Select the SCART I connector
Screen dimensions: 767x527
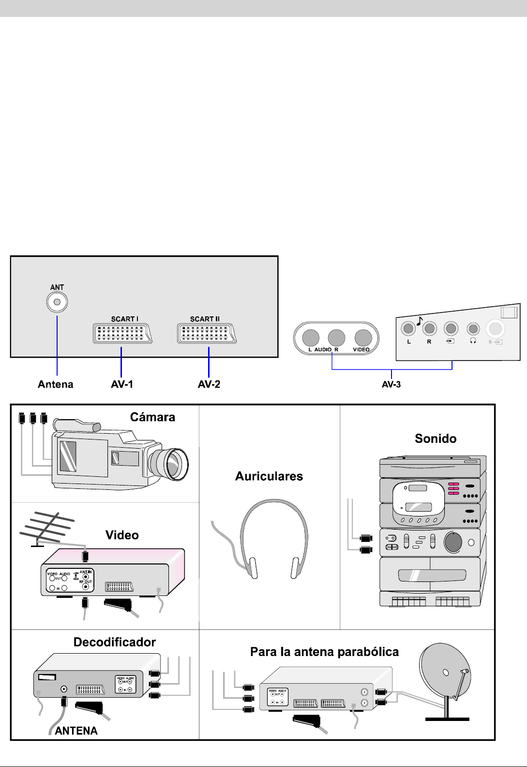pyautogui.click(x=122, y=333)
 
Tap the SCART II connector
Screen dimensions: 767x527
pyautogui.click(x=207, y=333)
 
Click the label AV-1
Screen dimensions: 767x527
pyautogui.click(x=122, y=384)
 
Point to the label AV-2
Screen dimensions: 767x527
pyautogui.click(x=209, y=384)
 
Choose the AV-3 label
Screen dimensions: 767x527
pyautogui.click(x=391, y=385)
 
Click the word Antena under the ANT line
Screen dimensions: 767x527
pyautogui.click(x=56, y=384)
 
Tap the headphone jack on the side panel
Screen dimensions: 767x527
pyautogui.click(x=473, y=329)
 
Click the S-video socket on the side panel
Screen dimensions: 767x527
pyautogui.click(x=495, y=329)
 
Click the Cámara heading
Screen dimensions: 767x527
pyautogui.click(x=152, y=417)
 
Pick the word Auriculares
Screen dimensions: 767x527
pyautogui.click(x=269, y=476)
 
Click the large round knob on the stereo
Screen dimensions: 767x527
pyautogui.click(x=453, y=542)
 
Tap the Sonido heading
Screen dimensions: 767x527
pyautogui.click(x=436, y=438)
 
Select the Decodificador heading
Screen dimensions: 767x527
pyautogui.click(x=115, y=642)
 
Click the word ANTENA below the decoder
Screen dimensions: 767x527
pyautogui.click(x=76, y=731)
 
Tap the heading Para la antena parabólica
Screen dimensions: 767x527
pyautogui.click(x=324, y=652)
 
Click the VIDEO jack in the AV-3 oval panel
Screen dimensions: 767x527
pyautogui.click(x=363, y=338)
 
